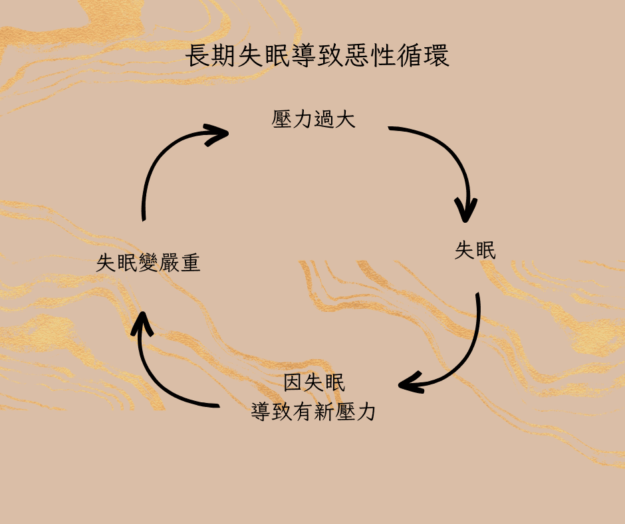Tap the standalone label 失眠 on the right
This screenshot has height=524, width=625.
(x=475, y=251)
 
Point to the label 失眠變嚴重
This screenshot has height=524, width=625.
(x=148, y=263)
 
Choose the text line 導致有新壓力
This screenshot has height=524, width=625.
(x=314, y=412)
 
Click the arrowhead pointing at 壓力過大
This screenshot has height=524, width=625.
(x=218, y=134)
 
